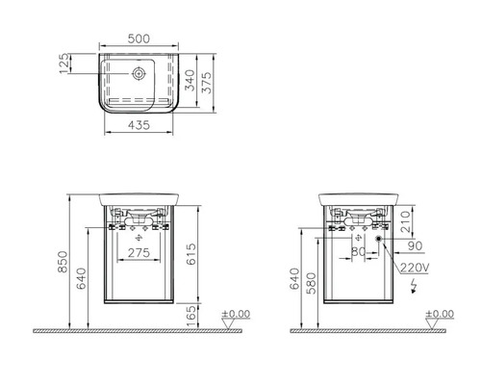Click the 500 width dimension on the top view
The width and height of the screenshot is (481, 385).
140,40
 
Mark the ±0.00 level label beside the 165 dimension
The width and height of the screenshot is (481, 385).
237,314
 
